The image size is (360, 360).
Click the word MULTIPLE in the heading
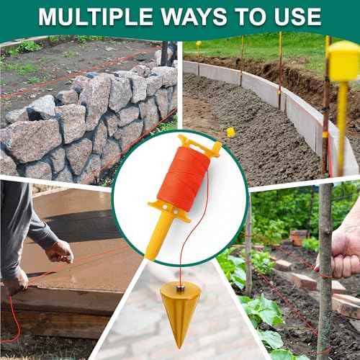(x=96, y=17)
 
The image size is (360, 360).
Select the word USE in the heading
(x=298, y=17)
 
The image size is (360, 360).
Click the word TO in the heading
(x=251, y=17)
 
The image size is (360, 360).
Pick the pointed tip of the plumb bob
(x=179, y=348)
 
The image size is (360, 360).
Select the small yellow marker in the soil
(x=231, y=132)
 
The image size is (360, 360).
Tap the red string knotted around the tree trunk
(x=325, y=276)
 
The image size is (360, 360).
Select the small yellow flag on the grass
(x=199, y=44)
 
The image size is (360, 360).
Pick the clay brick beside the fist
(x=303, y=282)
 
